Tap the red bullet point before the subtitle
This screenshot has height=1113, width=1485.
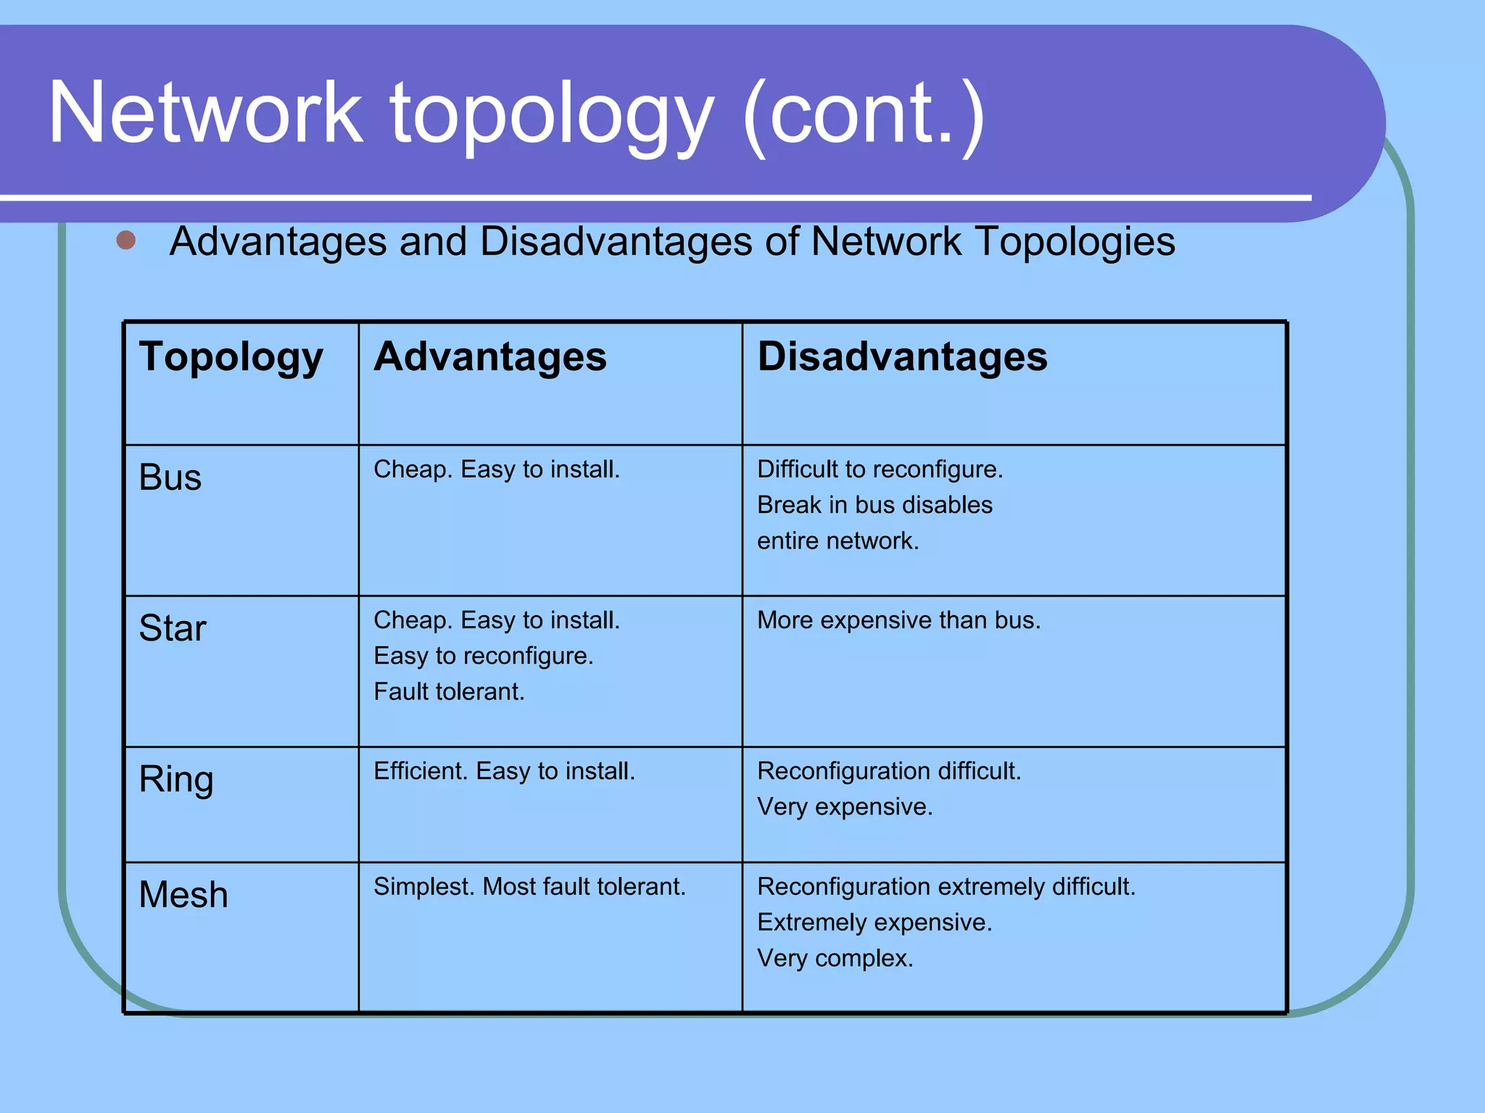coord(126,240)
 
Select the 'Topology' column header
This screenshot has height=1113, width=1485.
coord(231,357)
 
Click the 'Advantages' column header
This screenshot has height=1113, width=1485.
coord(490,357)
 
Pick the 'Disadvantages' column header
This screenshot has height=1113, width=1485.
coord(902,357)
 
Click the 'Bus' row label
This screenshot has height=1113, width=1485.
coord(170,478)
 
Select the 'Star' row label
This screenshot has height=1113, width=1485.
coord(173,628)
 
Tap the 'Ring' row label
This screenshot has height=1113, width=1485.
coord(176,780)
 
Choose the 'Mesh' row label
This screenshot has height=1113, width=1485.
coord(183,895)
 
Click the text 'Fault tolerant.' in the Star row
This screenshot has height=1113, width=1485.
coord(449,692)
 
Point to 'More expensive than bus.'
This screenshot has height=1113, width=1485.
coord(898,620)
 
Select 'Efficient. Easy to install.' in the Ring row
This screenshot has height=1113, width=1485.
coord(504,771)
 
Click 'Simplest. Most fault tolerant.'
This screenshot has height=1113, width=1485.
coord(529,887)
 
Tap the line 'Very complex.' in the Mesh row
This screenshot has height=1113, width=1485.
coord(835,959)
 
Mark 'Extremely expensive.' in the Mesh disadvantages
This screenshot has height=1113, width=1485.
coord(874,922)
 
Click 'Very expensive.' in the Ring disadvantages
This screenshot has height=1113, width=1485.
coord(845,806)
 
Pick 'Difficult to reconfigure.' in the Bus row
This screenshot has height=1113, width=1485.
coord(880,470)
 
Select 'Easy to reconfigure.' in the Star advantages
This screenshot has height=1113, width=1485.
coord(484,656)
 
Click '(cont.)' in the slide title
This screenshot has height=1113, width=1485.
coord(864,116)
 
